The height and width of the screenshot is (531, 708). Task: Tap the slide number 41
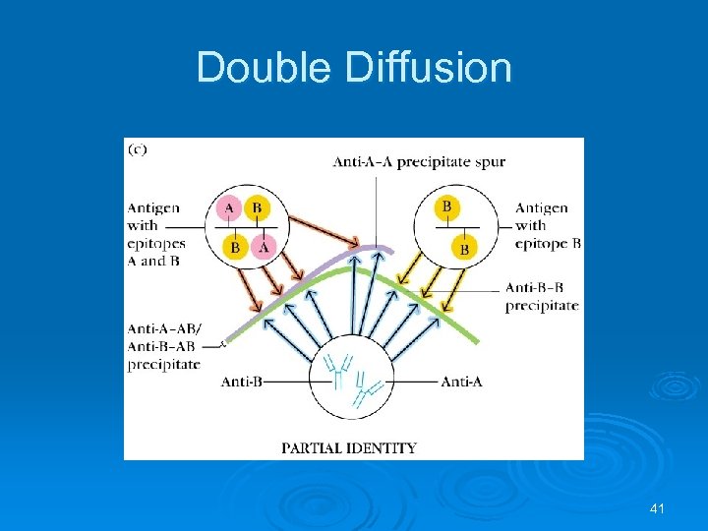click(x=658, y=508)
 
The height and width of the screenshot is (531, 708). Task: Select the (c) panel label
click(x=140, y=150)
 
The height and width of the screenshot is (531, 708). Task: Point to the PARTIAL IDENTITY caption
click(x=349, y=448)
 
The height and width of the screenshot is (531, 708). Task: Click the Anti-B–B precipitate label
click(x=542, y=296)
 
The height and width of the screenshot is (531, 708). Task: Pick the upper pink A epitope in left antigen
click(x=230, y=208)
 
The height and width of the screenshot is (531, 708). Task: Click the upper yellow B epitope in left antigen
click(x=256, y=208)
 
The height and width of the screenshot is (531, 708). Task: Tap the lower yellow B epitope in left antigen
click(x=235, y=247)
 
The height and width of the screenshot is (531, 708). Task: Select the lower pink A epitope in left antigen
click(x=263, y=247)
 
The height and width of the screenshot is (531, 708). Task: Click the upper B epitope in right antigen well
click(x=447, y=206)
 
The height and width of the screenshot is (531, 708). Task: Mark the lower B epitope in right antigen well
click(x=463, y=250)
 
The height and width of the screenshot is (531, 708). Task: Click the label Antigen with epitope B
click(x=544, y=225)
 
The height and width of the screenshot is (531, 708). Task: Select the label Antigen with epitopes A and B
click(x=155, y=234)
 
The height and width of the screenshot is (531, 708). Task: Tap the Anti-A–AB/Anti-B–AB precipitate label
click(x=163, y=346)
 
